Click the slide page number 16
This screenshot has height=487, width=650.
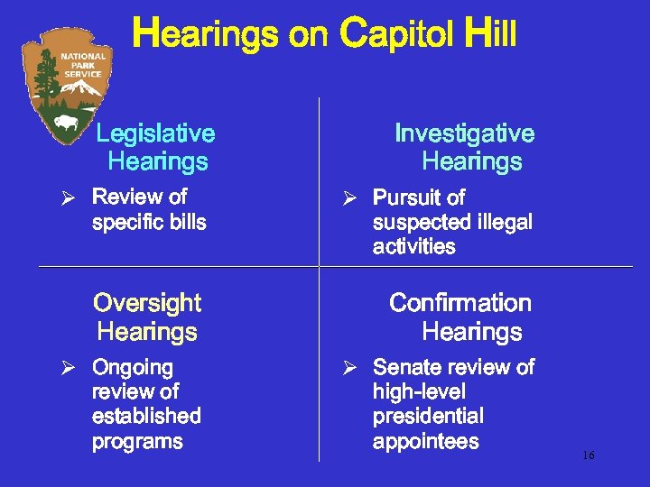click(588, 455)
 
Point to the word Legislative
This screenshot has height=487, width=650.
click(155, 133)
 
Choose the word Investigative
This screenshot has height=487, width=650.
click(464, 133)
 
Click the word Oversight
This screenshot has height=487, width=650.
click(147, 302)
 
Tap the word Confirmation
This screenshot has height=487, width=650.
click(460, 302)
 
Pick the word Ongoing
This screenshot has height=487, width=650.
click(132, 367)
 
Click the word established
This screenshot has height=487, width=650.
click(146, 417)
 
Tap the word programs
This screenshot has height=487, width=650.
click(137, 442)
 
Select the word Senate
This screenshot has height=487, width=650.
click(404, 367)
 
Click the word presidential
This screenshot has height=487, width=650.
click(428, 417)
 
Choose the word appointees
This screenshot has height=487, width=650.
click(425, 442)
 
